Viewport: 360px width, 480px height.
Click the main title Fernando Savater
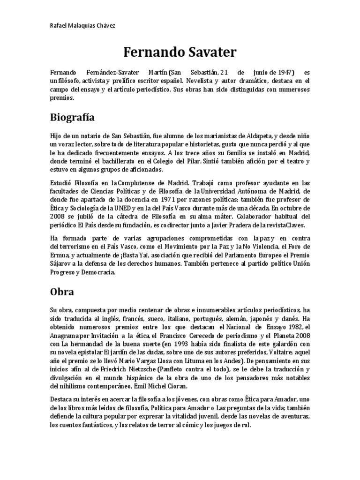(x=180, y=52)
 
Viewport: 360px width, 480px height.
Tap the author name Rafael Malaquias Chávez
(x=82, y=24)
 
